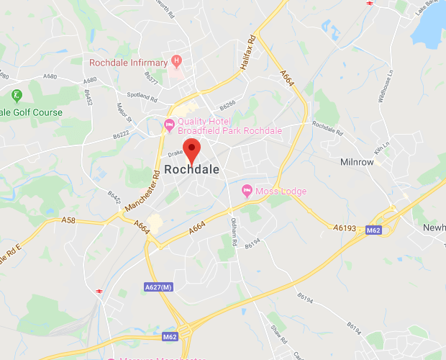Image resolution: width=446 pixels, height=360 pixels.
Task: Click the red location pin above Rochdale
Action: [x=191, y=150]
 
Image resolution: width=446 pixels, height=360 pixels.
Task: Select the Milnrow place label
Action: [x=357, y=162]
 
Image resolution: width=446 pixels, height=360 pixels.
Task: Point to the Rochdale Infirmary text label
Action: [x=128, y=63]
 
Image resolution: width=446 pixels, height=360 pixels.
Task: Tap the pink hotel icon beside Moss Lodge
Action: [x=247, y=191]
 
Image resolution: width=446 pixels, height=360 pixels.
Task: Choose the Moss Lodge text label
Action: [x=283, y=191]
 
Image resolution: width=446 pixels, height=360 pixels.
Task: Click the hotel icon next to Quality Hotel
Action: [x=170, y=126]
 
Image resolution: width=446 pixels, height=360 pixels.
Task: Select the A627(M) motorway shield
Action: [x=158, y=287]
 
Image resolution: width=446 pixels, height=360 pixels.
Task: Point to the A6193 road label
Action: [x=345, y=228]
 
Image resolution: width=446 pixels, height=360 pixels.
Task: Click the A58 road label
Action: [x=68, y=220]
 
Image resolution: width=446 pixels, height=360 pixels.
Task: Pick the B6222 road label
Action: [x=120, y=135]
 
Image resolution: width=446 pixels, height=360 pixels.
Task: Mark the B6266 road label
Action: [x=228, y=104]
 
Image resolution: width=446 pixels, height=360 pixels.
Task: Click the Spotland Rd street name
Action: [x=143, y=97]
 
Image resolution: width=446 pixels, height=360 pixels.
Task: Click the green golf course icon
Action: [x=16, y=95]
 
